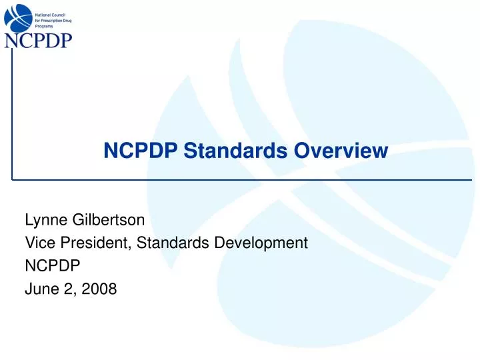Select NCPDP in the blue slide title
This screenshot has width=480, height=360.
140,151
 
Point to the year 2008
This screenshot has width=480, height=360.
101,289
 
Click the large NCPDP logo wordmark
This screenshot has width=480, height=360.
38,41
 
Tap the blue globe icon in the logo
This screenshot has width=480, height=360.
18,17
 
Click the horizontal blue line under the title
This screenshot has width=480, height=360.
240,180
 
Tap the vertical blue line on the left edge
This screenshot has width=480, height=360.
12,113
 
